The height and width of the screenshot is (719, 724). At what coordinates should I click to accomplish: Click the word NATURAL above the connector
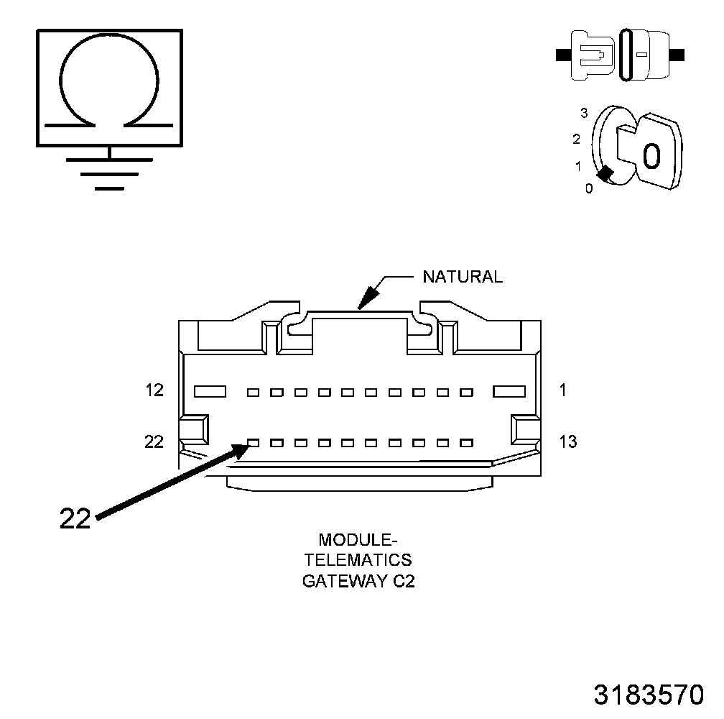click(x=463, y=277)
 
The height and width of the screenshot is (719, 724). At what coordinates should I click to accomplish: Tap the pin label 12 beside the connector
click(x=154, y=390)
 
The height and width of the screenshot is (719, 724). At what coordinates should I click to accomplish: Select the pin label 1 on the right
click(x=562, y=390)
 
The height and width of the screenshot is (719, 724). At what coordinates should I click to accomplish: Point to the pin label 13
click(x=567, y=441)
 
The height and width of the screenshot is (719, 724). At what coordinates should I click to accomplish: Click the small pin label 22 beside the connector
click(x=154, y=441)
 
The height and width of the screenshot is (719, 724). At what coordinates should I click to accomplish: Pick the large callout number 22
click(x=75, y=519)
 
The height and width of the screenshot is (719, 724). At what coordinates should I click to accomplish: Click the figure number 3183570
click(x=648, y=695)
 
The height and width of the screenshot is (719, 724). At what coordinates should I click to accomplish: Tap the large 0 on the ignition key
click(x=651, y=156)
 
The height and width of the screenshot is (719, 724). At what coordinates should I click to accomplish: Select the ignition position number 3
click(x=584, y=113)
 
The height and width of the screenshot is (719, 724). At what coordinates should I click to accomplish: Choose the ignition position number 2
click(x=576, y=139)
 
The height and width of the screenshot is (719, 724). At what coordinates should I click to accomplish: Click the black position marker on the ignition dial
click(x=605, y=173)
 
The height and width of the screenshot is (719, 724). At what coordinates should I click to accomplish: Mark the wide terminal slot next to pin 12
click(x=210, y=392)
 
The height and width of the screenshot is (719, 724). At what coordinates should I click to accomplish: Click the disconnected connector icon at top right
click(x=621, y=55)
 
